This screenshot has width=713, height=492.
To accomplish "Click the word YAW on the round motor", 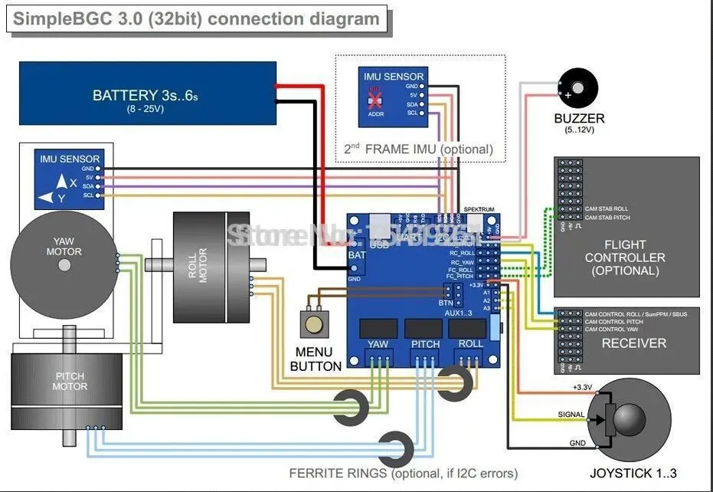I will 64,241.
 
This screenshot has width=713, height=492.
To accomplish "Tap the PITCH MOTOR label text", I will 70,381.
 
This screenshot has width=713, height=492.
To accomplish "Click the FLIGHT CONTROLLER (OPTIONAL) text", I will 625,257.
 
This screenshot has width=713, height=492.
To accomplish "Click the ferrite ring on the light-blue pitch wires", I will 397,445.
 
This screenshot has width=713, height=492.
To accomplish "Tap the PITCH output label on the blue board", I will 425,344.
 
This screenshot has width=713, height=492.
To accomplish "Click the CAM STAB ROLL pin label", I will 607,208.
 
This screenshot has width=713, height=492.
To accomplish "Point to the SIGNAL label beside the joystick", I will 571,415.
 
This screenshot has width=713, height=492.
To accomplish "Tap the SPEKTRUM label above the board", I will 481,209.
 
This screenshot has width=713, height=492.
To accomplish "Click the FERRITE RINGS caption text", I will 403,473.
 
